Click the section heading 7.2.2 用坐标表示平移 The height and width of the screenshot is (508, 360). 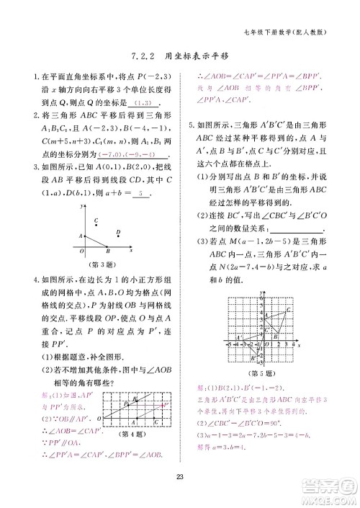(x=179, y=55)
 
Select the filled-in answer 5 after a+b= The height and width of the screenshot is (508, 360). (x=142, y=195)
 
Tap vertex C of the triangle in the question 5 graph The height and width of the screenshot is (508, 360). (x=287, y=310)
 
